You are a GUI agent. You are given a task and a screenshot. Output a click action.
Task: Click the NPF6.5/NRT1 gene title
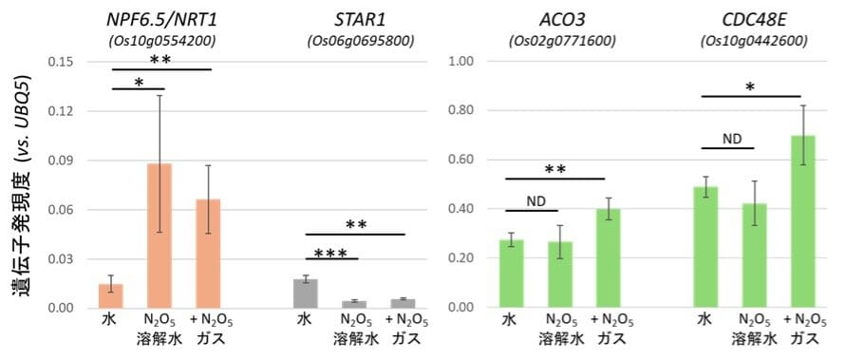pyautogui.click(x=163, y=21)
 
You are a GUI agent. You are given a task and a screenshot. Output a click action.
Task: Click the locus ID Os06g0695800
pyautogui.click(x=361, y=42)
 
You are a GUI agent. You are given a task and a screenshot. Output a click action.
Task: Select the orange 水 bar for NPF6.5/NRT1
pyautogui.click(x=111, y=295)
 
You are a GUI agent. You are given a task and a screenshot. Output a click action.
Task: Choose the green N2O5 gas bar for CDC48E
pyautogui.click(x=803, y=221)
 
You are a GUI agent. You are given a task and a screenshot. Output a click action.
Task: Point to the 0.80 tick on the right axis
pyautogui.click(x=460, y=111)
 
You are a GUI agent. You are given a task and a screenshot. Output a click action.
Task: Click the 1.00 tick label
pyautogui.click(x=460, y=62)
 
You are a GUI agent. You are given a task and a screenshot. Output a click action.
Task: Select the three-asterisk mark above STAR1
pyautogui.click(x=330, y=253)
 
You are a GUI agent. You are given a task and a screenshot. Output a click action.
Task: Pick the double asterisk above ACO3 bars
pyautogui.click(x=555, y=170)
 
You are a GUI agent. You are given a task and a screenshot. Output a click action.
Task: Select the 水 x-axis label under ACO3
pyautogui.click(x=509, y=320)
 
